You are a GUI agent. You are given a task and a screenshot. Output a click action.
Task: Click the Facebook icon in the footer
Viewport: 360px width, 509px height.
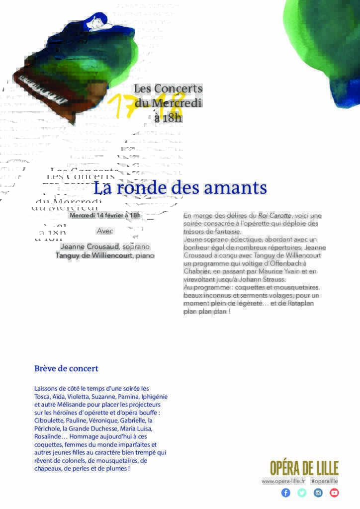point(285,493)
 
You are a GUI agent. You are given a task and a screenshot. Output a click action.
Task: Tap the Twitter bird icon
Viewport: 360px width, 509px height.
point(302,493)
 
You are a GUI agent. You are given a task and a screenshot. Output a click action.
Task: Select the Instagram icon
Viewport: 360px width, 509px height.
point(318,493)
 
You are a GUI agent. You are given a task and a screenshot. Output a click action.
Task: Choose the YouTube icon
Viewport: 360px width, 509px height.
point(334,493)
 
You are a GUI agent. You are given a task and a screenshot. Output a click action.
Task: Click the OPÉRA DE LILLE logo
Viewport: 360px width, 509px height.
point(304,468)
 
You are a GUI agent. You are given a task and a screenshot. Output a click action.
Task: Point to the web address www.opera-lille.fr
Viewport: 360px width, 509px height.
point(283,481)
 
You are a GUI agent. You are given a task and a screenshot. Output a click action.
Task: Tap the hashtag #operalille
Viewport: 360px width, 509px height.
point(324,481)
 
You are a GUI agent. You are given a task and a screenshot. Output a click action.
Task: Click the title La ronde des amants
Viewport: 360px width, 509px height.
point(180,188)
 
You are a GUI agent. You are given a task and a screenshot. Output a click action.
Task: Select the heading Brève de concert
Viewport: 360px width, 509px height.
point(66,369)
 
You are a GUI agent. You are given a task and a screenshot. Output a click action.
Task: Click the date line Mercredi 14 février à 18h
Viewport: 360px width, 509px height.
point(105,215)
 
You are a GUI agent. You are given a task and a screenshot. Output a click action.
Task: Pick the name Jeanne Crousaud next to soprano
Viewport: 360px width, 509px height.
point(90,247)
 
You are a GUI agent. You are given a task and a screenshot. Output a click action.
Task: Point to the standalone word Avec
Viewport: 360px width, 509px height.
point(105,231)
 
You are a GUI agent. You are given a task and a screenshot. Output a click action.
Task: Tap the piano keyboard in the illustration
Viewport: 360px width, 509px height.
point(43,90)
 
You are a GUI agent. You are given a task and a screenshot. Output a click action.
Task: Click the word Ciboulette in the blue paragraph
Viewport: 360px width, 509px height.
point(49,420)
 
